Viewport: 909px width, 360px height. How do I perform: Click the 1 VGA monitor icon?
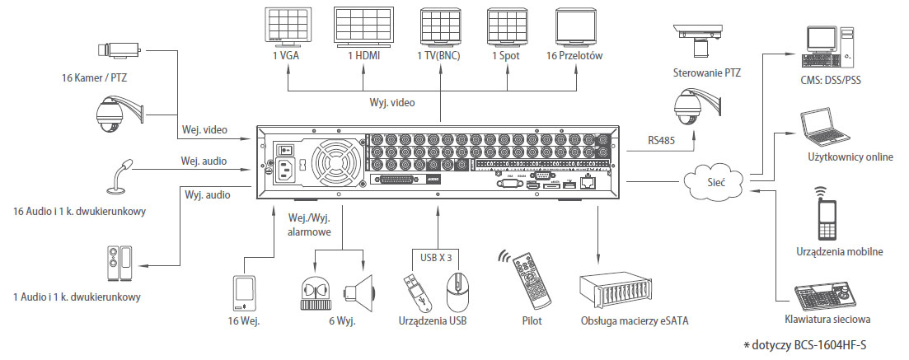(287, 27)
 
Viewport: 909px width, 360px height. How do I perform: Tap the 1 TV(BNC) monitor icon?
(439, 27)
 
